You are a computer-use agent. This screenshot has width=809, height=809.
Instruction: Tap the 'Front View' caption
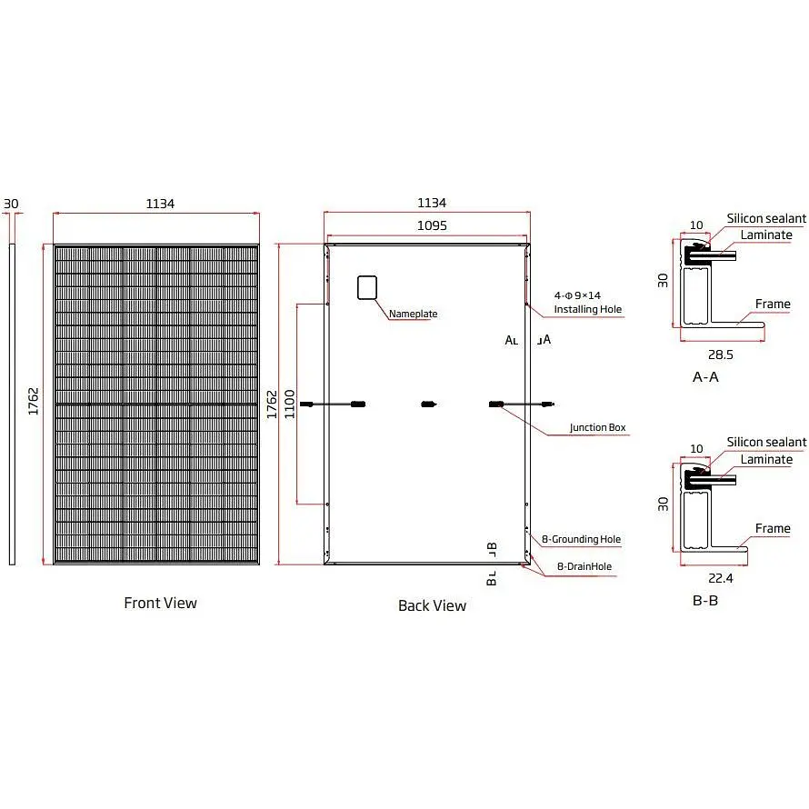(161, 603)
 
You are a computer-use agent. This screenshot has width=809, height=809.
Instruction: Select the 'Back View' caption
(433, 605)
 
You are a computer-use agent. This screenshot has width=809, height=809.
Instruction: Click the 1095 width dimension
(432, 225)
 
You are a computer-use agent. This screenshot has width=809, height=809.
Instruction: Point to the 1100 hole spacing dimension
(289, 404)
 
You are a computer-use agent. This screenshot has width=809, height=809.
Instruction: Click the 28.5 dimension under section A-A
(720, 355)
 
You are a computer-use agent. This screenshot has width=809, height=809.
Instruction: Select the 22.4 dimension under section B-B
(720, 578)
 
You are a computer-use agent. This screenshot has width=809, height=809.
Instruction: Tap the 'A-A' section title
(705, 376)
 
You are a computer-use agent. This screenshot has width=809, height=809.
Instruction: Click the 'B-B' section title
(705, 600)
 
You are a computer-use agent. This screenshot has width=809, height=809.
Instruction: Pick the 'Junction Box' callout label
(597, 427)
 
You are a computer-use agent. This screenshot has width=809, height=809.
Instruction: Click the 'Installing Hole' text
(587, 309)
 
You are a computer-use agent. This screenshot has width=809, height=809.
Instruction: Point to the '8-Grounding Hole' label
(581, 539)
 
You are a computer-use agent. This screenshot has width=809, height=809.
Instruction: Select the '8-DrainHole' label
(584, 566)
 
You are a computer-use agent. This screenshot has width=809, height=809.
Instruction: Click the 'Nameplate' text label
(413, 314)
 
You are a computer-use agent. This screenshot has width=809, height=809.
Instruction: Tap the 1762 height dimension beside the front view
(33, 402)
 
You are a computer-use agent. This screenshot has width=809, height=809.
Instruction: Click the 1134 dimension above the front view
(160, 204)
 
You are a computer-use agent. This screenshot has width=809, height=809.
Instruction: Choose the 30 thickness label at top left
(11, 204)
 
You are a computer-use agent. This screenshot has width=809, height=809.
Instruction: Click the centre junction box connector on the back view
(428, 404)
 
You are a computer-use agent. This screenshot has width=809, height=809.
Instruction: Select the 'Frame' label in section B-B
(773, 528)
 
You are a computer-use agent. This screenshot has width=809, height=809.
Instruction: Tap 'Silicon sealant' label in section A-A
(766, 218)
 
